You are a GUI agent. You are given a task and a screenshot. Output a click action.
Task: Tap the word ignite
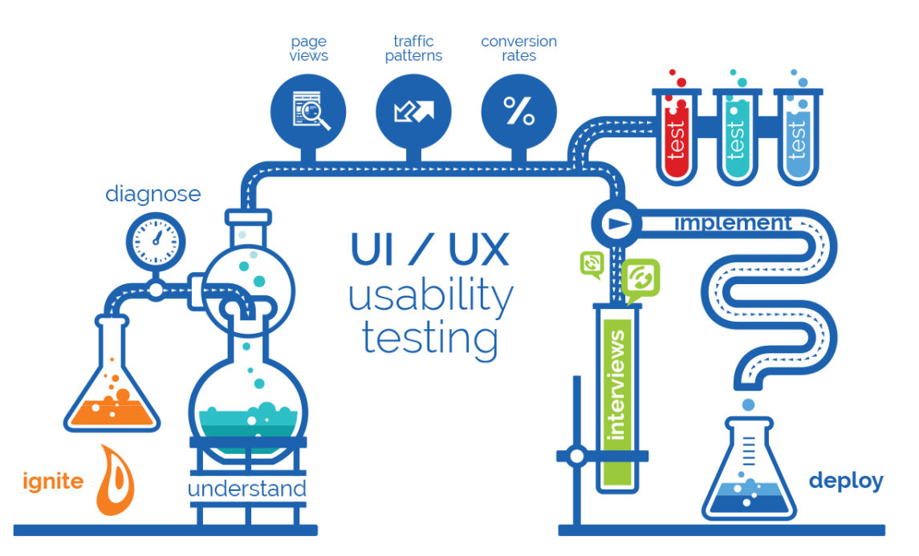click(x=53, y=481)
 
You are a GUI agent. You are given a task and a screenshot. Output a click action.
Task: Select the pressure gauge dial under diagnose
click(x=156, y=238)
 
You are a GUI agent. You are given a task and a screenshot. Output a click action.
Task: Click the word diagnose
click(x=153, y=193)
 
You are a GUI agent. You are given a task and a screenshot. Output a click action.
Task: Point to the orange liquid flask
click(x=112, y=385)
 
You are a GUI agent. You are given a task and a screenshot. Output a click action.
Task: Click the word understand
click(x=247, y=489)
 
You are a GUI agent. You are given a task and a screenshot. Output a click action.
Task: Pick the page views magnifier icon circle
click(x=308, y=112)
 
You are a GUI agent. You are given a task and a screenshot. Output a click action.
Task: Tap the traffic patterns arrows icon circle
click(x=413, y=112)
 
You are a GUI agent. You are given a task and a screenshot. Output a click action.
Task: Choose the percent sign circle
click(x=518, y=112)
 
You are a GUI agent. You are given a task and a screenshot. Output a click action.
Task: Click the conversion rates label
click(x=518, y=48)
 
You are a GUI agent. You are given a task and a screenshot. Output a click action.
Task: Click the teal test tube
click(x=738, y=136)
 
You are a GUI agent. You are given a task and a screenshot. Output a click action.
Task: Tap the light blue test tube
click(x=798, y=136)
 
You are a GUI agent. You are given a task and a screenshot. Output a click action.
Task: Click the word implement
click(x=733, y=223)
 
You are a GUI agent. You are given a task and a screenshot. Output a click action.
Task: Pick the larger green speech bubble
click(x=640, y=279)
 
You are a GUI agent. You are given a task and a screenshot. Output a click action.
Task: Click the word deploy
click(x=845, y=481)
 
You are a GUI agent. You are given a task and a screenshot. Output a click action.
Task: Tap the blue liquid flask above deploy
click(x=749, y=473)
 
